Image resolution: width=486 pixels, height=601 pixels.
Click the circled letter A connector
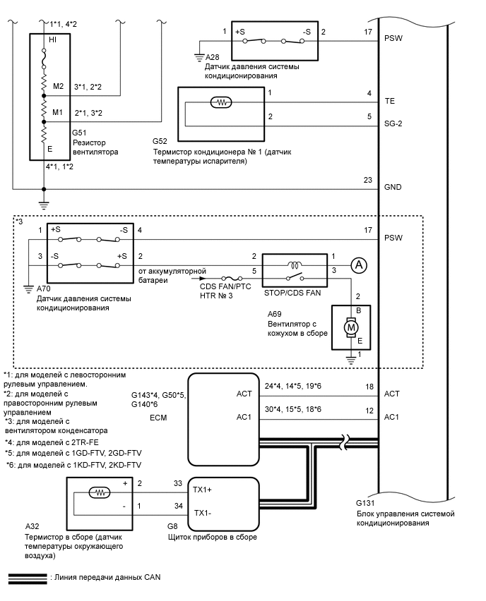coord(359,265)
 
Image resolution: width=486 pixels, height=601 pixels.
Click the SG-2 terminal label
coord(394,117)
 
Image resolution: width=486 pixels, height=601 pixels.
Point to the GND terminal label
coord(393,188)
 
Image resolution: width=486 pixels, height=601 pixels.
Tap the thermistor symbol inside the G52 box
coord(222,102)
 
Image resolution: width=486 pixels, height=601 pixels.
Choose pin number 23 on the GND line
coord(367,179)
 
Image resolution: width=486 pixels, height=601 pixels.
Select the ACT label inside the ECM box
coord(244,394)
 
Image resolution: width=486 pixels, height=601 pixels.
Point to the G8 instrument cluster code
coord(172,526)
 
